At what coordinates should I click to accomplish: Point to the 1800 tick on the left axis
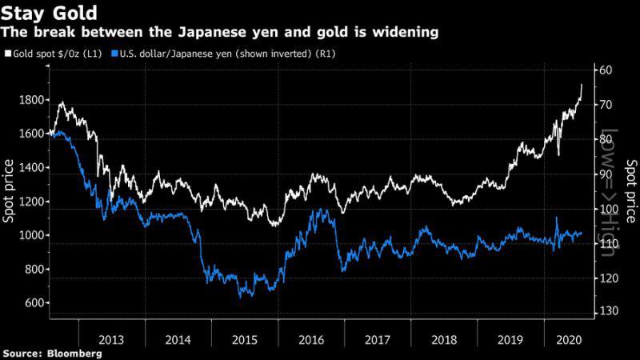(x=29, y=100)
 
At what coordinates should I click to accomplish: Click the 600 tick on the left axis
(x=33, y=302)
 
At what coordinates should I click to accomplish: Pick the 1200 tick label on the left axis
(x=29, y=202)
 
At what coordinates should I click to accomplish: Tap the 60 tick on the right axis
(x=605, y=70)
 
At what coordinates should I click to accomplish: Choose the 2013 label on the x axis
(x=112, y=338)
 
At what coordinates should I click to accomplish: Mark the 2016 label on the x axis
(x=311, y=338)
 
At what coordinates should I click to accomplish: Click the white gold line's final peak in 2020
(x=581, y=85)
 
